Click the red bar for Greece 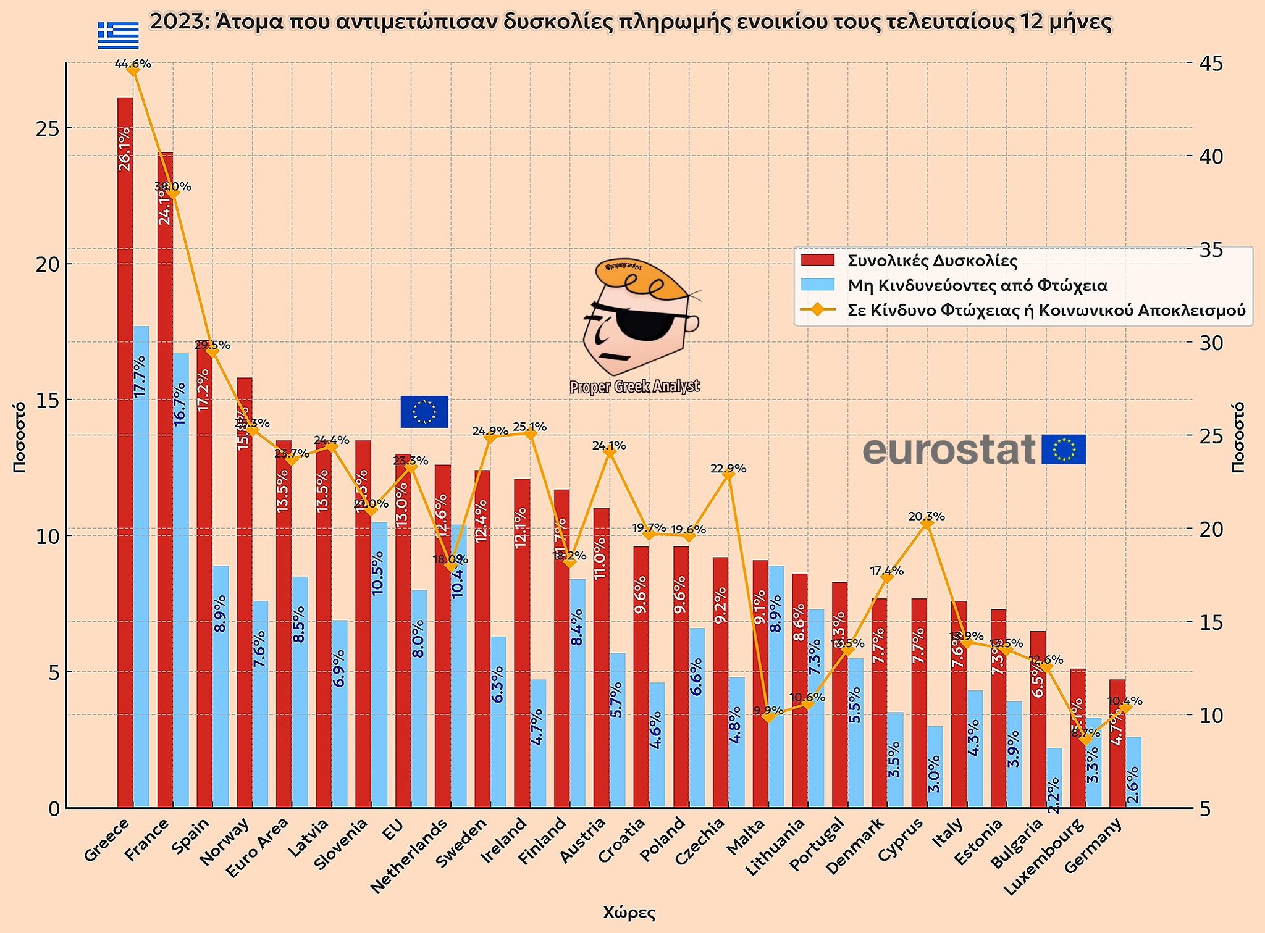[x=125, y=451]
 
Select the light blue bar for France [x=181, y=580]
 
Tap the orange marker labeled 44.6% [x=133, y=71]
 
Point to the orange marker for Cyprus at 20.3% [x=927, y=524]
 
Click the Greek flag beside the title [x=118, y=35]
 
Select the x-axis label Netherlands [x=410, y=855]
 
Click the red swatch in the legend [x=817, y=261]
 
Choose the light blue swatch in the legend [x=817, y=285]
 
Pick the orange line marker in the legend [x=817, y=310]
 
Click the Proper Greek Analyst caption [x=634, y=387]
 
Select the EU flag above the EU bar [x=424, y=411]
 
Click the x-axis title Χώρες [x=629, y=913]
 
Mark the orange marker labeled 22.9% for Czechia [x=728, y=475]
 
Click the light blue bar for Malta [x=776, y=685]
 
